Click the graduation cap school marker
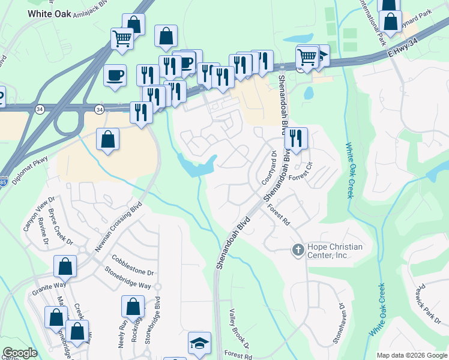point(199,344)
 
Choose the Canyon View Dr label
point(39,210)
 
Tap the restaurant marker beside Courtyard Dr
point(296,139)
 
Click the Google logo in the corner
point(20,353)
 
